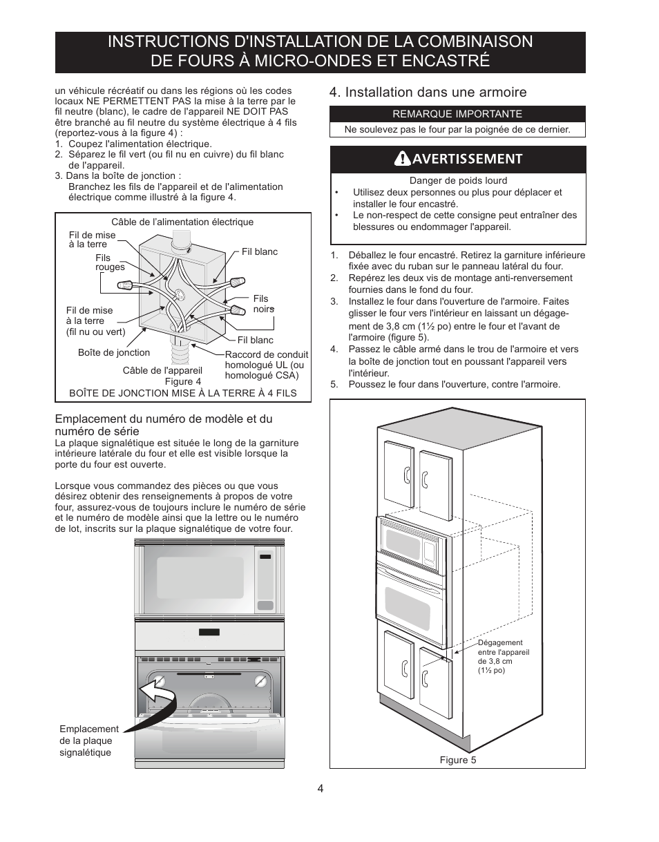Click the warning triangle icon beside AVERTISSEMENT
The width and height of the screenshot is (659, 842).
pos(403,159)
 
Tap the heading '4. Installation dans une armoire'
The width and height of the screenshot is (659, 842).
pos(428,92)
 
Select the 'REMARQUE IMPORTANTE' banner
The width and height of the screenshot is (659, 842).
pos(457,114)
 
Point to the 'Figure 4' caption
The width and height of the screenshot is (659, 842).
pos(183,381)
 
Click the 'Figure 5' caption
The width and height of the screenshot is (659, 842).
pos(458,760)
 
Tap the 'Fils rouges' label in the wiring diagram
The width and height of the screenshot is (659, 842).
pos(110,262)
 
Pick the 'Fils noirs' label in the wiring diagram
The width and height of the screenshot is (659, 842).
pos(263,304)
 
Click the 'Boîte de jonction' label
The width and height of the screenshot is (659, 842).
pos(114,352)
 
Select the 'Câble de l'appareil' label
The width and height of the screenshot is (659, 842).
pos(162,371)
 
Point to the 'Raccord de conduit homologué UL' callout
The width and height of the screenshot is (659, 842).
pos(266,365)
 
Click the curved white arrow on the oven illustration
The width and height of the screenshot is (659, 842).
pos(157,691)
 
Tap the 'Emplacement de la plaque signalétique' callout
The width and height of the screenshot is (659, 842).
pos(88,740)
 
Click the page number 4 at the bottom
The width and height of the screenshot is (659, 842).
pos(321,789)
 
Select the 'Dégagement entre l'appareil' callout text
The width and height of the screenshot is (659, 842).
pos(504,656)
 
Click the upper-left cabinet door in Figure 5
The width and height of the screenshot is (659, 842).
pos(399,473)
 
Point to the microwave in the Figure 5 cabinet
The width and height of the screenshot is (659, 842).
pos(411,546)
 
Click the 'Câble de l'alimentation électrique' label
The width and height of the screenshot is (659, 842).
pos(182,222)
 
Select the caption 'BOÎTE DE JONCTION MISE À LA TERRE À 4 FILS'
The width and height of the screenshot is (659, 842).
pos(183,393)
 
